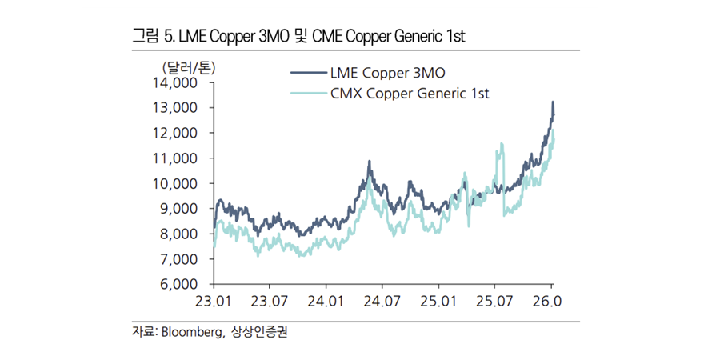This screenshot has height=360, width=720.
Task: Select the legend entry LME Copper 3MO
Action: click(x=385, y=74)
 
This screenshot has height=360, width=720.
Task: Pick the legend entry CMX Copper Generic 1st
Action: click(x=409, y=93)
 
